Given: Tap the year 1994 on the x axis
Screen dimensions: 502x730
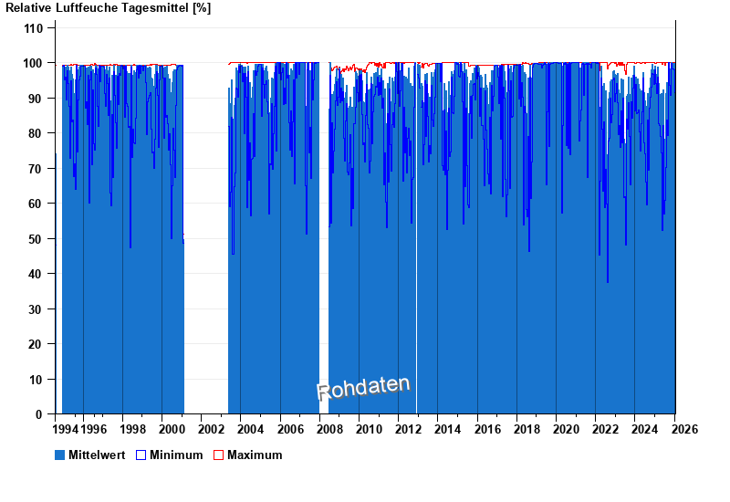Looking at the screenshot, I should point(66,429).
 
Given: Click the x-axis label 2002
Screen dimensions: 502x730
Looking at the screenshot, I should point(211,429).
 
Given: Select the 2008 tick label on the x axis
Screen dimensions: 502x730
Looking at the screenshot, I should point(328,429).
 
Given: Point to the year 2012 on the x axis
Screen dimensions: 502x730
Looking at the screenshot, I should point(408,429).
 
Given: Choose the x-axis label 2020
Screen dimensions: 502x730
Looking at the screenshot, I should point(565,429).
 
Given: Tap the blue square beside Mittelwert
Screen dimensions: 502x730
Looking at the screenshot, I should point(60,455).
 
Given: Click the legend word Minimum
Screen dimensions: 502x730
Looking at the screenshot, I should point(176,455).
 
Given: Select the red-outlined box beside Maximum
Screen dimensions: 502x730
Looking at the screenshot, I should point(218,455).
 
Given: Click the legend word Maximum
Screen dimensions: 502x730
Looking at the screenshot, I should point(255,455).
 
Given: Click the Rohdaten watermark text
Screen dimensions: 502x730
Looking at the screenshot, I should point(363,388).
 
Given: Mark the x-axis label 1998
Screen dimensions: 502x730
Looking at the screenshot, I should point(132,429).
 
